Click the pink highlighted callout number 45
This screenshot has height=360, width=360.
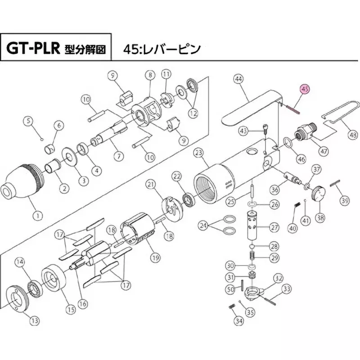(x=305, y=89)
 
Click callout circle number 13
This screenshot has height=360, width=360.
(x=35, y=320)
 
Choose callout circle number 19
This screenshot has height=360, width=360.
(x=155, y=258)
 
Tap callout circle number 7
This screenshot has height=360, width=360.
(x=119, y=157)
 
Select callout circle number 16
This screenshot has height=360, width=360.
(x=82, y=304)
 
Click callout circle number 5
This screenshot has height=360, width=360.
(x=29, y=121)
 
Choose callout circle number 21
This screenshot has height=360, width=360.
(x=150, y=184)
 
